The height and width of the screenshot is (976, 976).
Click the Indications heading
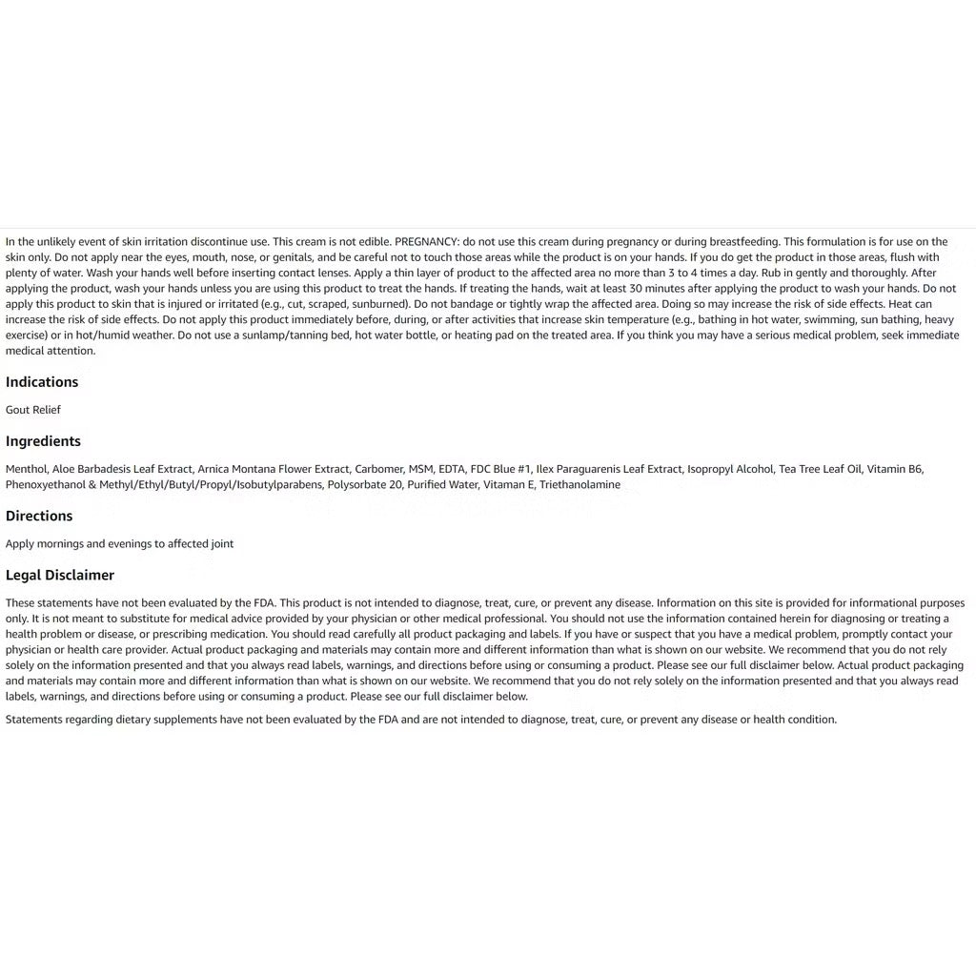(x=42, y=382)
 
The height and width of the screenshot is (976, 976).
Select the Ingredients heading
(x=43, y=441)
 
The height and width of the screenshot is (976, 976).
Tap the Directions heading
(x=39, y=516)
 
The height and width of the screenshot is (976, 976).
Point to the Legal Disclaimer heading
(x=60, y=575)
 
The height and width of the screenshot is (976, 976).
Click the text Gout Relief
(x=33, y=410)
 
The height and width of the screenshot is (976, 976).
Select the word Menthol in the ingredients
(x=26, y=469)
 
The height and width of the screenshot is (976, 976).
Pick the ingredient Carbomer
(x=378, y=469)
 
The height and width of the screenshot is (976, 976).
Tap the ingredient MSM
(x=420, y=469)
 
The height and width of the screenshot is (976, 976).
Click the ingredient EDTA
(x=452, y=469)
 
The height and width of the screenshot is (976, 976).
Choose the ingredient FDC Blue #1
(x=500, y=469)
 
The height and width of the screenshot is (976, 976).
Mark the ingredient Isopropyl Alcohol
(x=730, y=469)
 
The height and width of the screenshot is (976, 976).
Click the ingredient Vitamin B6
(x=894, y=469)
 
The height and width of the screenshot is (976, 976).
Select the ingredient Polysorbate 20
(x=363, y=485)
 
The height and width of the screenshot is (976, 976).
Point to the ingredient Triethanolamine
(x=579, y=485)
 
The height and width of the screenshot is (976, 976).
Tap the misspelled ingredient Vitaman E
(x=508, y=485)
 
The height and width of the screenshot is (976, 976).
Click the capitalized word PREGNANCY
(x=427, y=242)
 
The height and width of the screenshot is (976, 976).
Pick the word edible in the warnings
(x=373, y=242)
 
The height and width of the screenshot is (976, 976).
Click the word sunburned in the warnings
(x=379, y=304)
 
